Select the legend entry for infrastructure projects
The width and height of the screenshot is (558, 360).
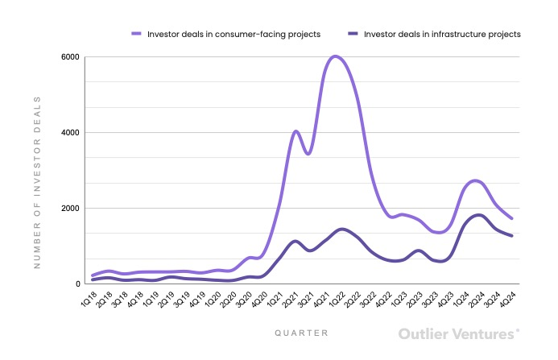442,34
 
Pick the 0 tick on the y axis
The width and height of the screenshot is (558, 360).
77,284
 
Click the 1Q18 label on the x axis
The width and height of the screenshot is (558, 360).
87,299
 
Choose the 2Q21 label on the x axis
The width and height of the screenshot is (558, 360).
289,299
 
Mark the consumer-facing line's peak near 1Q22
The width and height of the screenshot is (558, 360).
335,56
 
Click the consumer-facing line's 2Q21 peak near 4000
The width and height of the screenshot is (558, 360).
296,130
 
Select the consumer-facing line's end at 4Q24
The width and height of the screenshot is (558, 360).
512,218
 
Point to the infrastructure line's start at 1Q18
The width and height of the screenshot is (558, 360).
93,280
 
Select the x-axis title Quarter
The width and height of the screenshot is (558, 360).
300,332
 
